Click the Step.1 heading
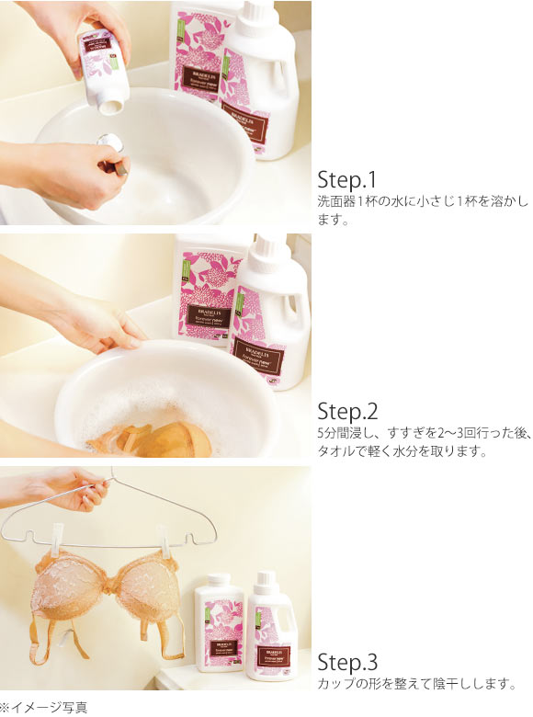346,178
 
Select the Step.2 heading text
346,411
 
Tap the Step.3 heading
346,663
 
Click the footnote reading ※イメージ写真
44,707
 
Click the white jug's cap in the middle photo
271,247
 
